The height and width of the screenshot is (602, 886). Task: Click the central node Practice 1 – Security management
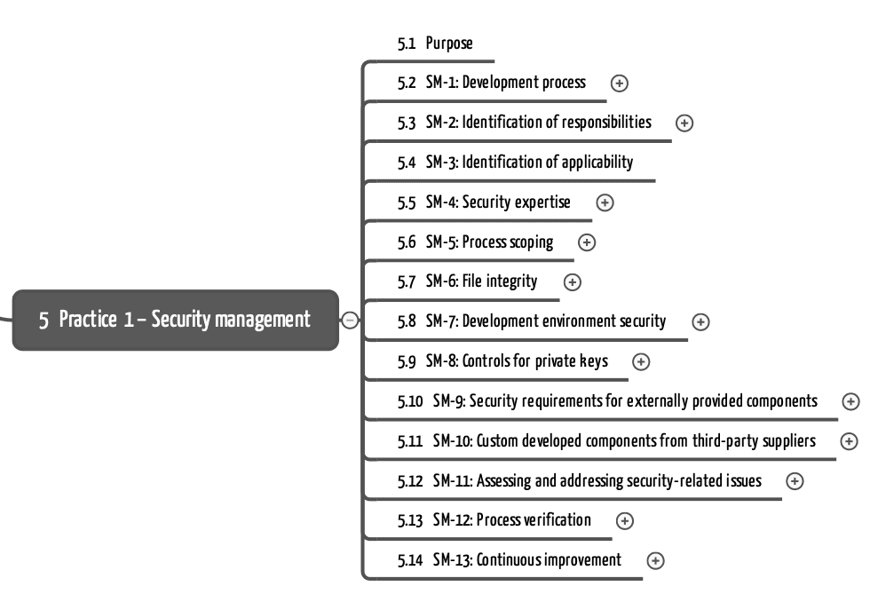[x=175, y=320]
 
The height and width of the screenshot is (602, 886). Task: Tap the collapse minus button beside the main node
[x=350, y=320]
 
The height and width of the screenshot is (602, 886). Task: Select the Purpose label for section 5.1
[x=449, y=44]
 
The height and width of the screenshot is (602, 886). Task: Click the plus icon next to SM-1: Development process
[x=620, y=83]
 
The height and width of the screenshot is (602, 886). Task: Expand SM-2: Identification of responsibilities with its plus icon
[x=684, y=123]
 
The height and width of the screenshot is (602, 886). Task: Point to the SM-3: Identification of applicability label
[x=529, y=162]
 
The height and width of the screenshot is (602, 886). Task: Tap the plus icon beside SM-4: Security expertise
[x=605, y=202]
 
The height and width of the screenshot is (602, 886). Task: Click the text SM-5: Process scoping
[x=489, y=242]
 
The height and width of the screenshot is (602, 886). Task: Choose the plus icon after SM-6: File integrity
[x=573, y=282]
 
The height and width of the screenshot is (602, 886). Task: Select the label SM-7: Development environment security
[x=546, y=321]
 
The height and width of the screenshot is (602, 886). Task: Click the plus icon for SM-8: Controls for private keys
[x=641, y=361]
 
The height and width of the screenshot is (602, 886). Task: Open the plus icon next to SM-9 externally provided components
[x=851, y=401]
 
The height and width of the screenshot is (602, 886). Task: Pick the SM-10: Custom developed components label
[x=624, y=441]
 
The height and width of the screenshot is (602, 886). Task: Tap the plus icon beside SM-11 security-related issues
[x=795, y=481]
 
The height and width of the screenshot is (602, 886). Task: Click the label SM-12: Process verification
[x=512, y=520]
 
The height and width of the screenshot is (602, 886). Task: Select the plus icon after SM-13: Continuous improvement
[x=655, y=561]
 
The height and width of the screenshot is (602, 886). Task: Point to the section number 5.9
[x=407, y=361]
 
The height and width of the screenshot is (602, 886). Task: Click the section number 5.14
[x=409, y=560]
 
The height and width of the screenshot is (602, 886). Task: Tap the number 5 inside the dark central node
[x=44, y=321]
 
